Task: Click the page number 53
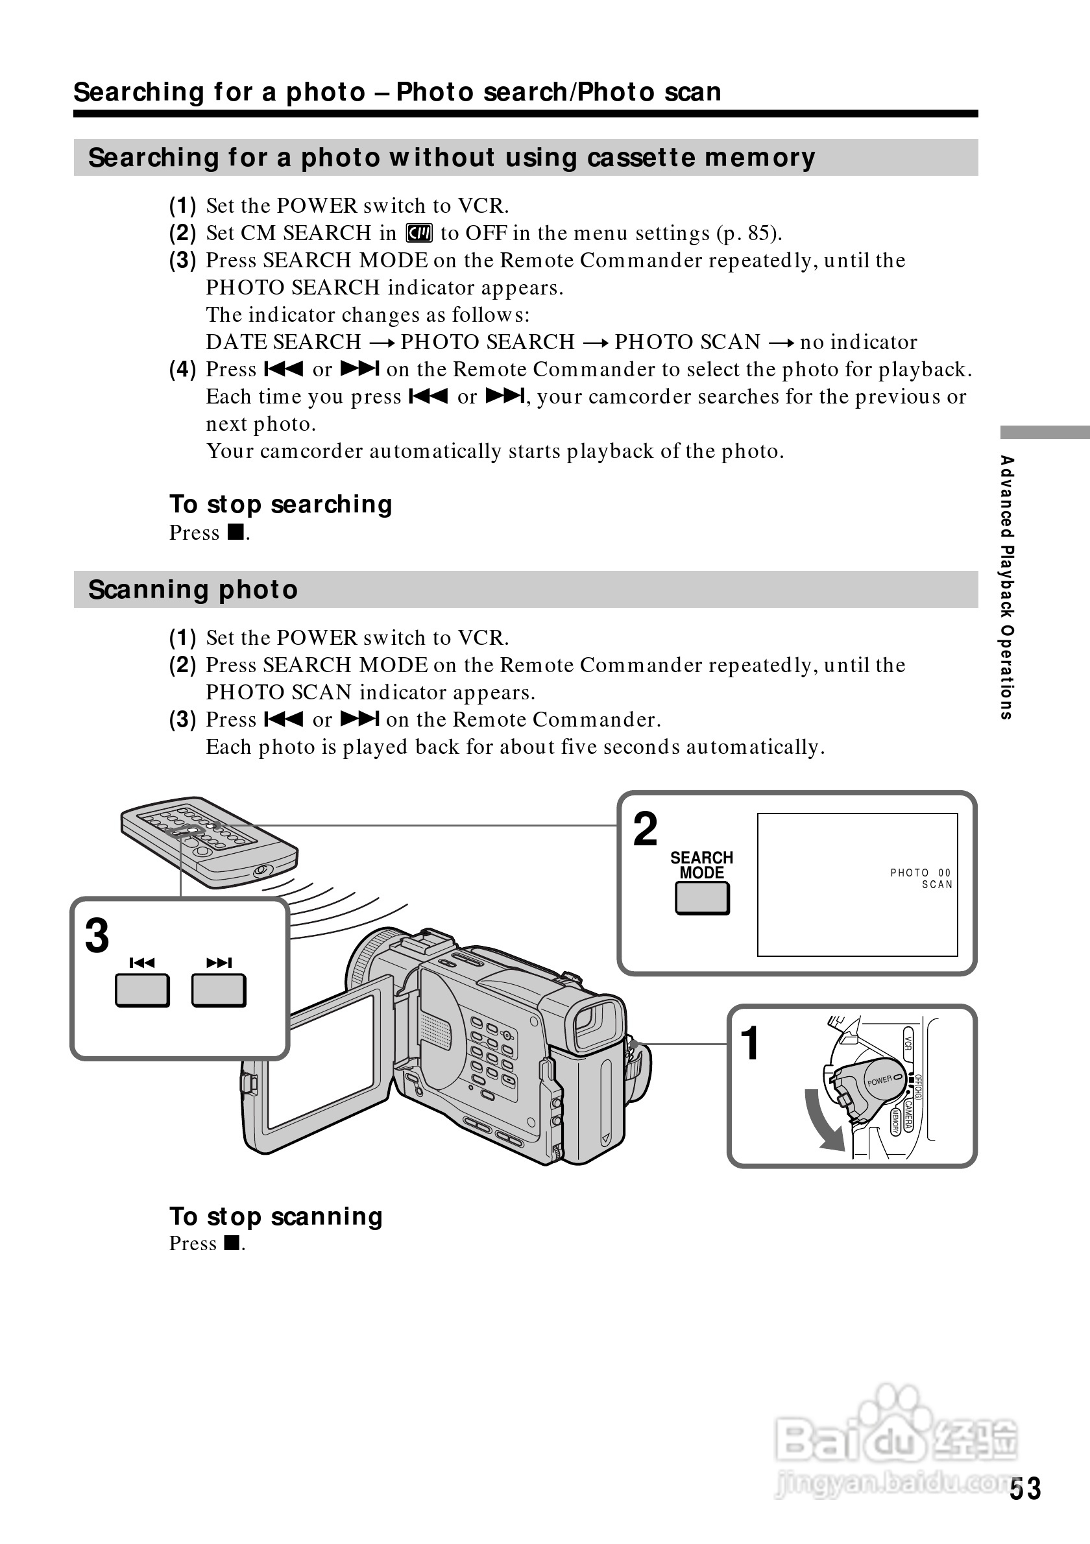click(1024, 1489)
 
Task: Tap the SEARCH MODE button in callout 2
click(702, 898)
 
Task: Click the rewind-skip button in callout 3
click(142, 991)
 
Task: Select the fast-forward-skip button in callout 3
click(219, 991)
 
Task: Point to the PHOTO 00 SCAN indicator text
click(921, 878)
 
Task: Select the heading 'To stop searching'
click(280, 504)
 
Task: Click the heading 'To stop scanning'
click(276, 1216)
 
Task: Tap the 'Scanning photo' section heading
click(193, 590)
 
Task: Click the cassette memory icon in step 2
click(419, 234)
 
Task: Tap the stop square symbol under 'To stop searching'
click(235, 533)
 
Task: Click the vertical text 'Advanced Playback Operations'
click(1006, 587)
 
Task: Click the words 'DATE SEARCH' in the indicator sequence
click(283, 343)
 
